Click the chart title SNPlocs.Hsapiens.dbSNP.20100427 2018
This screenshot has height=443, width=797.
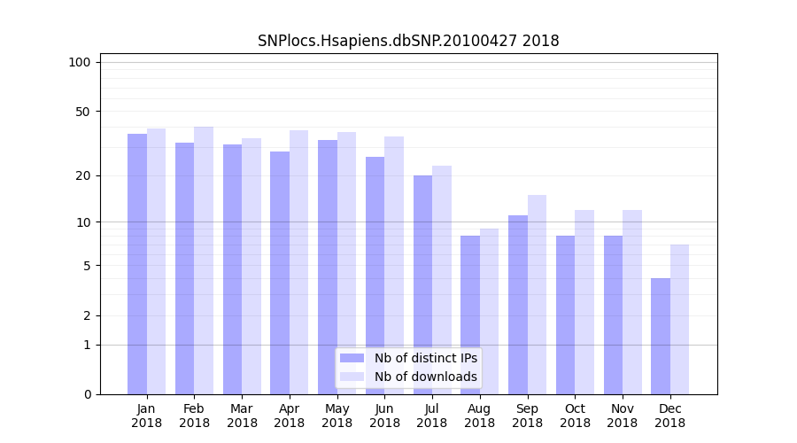point(408,41)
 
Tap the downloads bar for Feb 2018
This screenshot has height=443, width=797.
point(204,260)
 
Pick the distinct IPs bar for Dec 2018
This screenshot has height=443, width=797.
point(661,336)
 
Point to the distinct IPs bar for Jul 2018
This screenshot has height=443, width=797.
point(422,284)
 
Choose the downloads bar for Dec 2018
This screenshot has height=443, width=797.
point(679,319)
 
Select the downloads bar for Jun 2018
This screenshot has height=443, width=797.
point(394,265)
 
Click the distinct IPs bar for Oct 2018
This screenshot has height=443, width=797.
point(565,315)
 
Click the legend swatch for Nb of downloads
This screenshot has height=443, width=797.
point(352,377)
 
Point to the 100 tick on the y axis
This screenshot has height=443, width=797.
point(80,62)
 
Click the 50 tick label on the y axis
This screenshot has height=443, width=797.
point(83,112)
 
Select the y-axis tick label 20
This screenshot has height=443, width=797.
point(83,175)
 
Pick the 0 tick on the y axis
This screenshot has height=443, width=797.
point(87,394)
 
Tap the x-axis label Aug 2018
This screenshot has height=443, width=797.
point(480,416)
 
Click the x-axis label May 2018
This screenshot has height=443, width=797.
point(337,416)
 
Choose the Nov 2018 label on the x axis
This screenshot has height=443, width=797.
point(623,416)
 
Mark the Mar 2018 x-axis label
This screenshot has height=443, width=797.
point(242,416)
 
